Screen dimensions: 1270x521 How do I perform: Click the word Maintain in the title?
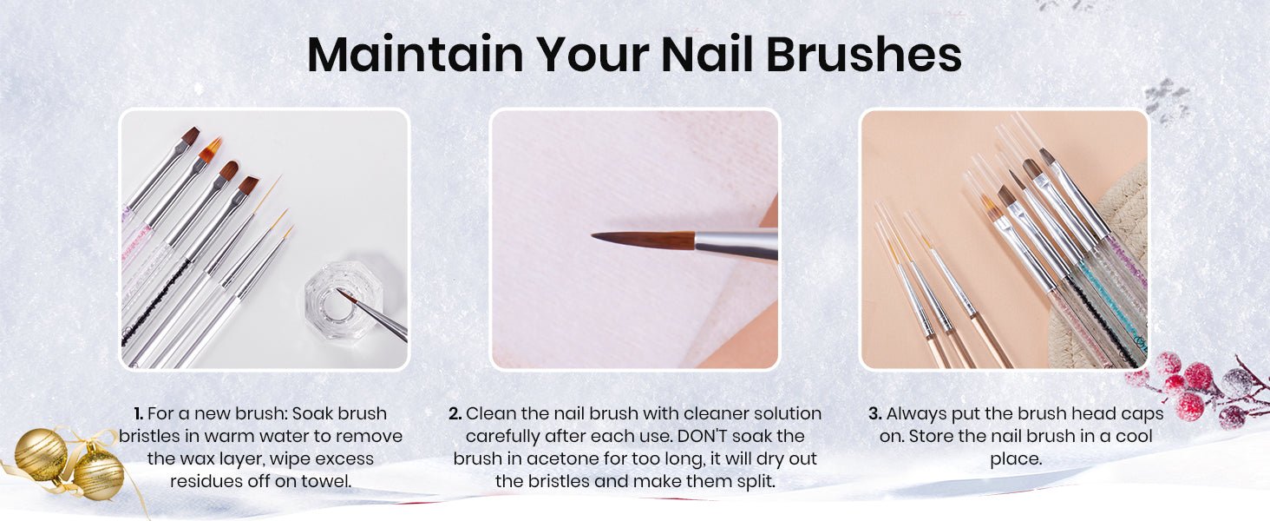click(x=415, y=55)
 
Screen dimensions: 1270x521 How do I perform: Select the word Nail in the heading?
click(x=707, y=55)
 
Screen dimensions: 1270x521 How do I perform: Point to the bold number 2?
click(x=455, y=413)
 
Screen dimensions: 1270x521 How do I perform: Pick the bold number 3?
click(x=874, y=413)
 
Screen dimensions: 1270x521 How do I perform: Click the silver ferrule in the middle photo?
click(x=736, y=244)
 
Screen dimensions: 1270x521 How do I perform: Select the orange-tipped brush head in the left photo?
click(x=210, y=150)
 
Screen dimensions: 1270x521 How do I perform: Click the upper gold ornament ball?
click(x=41, y=452)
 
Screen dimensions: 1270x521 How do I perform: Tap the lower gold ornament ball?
click(x=98, y=476)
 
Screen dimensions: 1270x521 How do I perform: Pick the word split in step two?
click(x=756, y=482)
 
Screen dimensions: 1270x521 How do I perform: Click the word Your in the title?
click(x=592, y=55)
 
